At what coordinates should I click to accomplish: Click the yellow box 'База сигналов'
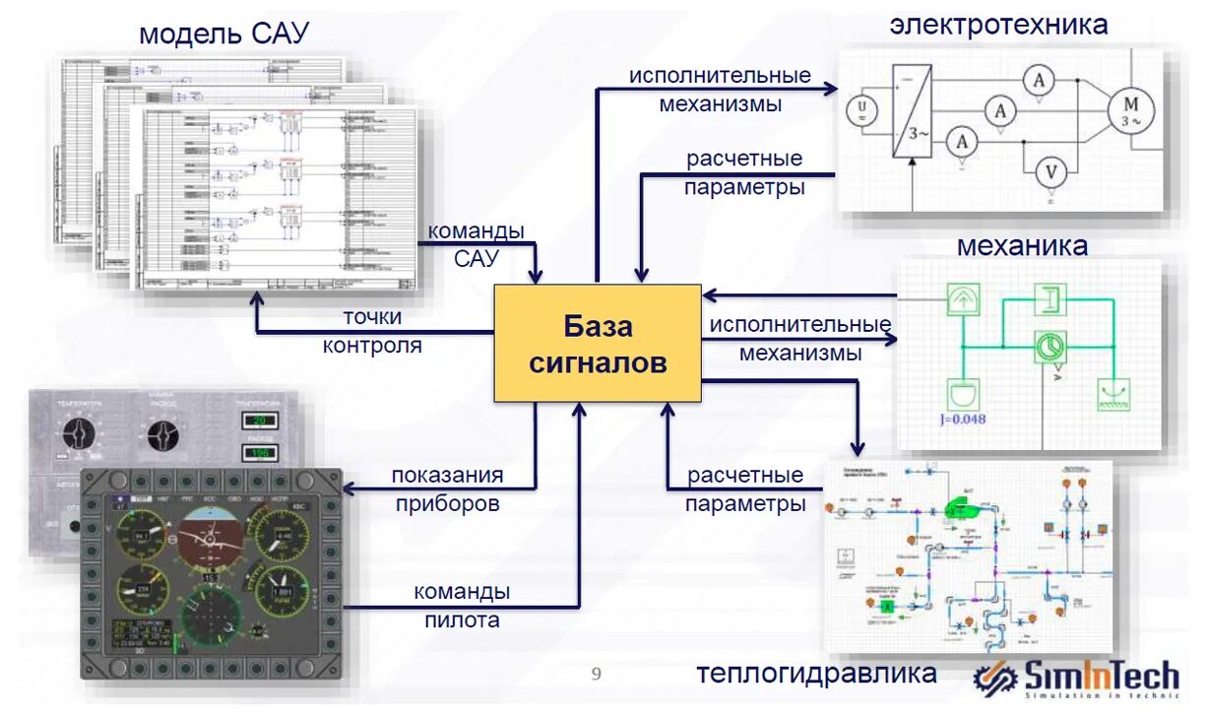pyautogui.click(x=598, y=344)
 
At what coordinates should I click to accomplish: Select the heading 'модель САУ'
pyautogui.click(x=223, y=34)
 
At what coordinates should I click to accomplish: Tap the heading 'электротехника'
pyautogui.click(x=998, y=25)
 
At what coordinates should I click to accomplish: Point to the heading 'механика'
pyautogui.click(x=1022, y=245)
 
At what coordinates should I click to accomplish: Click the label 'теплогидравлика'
pyautogui.click(x=816, y=674)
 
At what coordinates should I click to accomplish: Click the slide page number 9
pyautogui.click(x=596, y=674)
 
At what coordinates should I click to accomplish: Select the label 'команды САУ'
pyautogui.click(x=476, y=244)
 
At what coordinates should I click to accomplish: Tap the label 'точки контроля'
pyautogui.click(x=372, y=332)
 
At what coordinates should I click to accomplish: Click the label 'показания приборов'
pyautogui.click(x=447, y=488)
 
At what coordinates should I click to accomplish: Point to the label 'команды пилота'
pyautogui.click(x=462, y=606)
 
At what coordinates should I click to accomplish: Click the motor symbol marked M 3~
pyautogui.click(x=1130, y=109)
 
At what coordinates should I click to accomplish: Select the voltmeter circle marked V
pyautogui.click(x=1050, y=173)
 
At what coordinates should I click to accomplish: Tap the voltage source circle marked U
pyautogui.click(x=862, y=107)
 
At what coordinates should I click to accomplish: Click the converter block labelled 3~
pyautogui.click(x=911, y=111)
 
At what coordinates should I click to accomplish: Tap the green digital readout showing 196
pyautogui.click(x=260, y=453)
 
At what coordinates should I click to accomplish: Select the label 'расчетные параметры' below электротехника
pyautogui.click(x=744, y=172)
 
